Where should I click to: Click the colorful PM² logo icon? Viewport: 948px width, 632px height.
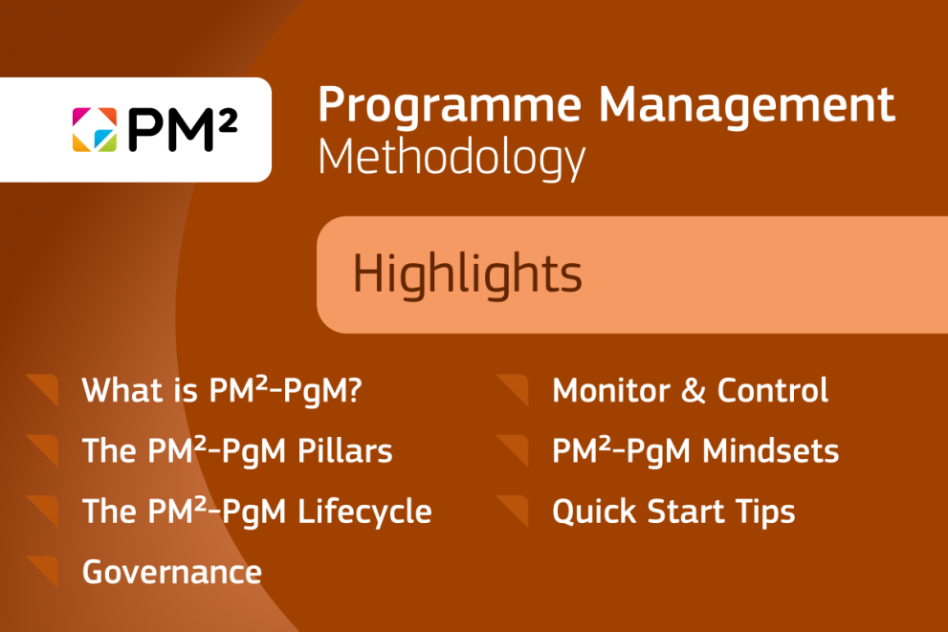click(x=94, y=129)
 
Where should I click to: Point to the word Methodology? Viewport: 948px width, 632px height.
click(x=451, y=159)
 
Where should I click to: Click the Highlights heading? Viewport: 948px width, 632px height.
click(x=467, y=274)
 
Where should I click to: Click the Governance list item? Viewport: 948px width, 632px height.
click(x=172, y=572)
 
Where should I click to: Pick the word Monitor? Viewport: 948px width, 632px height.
click(x=609, y=390)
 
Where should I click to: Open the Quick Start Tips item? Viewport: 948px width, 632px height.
click(x=673, y=512)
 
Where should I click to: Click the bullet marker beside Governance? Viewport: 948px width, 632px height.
click(x=44, y=571)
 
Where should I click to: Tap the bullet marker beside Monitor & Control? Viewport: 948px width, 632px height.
click(x=514, y=389)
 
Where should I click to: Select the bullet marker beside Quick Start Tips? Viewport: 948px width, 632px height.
click(x=514, y=511)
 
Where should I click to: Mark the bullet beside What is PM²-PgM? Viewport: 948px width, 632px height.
click(x=44, y=389)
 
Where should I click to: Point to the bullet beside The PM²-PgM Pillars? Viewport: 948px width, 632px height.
click(x=44, y=449)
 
